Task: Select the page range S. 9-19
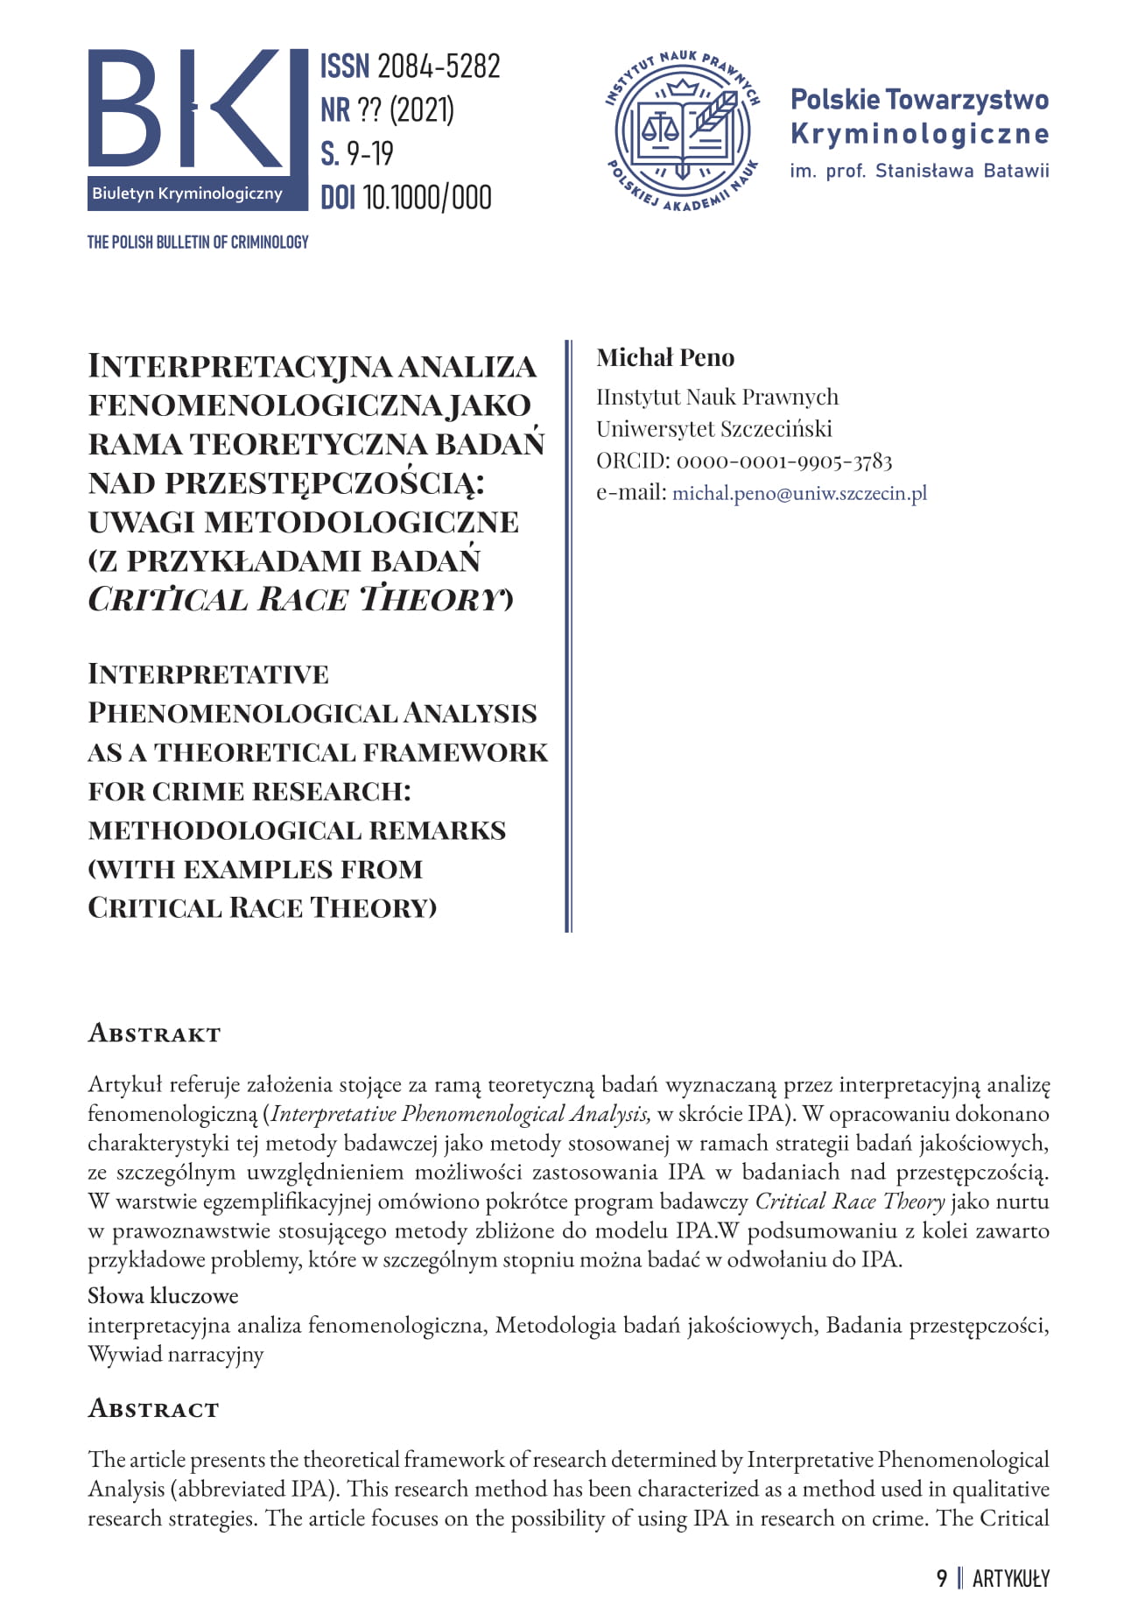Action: pyautogui.click(x=357, y=154)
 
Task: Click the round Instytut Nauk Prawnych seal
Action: pyautogui.click(x=682, y=132)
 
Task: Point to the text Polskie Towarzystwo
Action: pyautogui.click(x=919, y=100)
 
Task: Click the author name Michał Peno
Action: pyautogui.click(x=665, y=357)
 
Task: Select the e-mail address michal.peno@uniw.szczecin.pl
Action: pyautogui.click(x=799, y=493)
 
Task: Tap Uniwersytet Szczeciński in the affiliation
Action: pyautogui.click(x=714, y=429)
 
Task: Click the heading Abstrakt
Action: pyautogui.click(x=154, y=1033)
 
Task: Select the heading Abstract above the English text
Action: pyautogui.click(x=153, y=1409)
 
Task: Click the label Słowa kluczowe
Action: pyautogui.click(x=163, y=1295)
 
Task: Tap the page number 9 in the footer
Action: pyautogui.click(x=942, y=1578)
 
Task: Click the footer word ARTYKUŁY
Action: pyautogui.click(x=1010, y=1578)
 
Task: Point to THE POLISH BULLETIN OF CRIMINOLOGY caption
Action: pyautogui.click(x=198, y=242)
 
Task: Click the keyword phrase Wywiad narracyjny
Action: pyautogui.click(x=175, y=1355)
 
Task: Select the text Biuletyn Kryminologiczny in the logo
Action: pyautogui.click(x=187, y=194)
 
